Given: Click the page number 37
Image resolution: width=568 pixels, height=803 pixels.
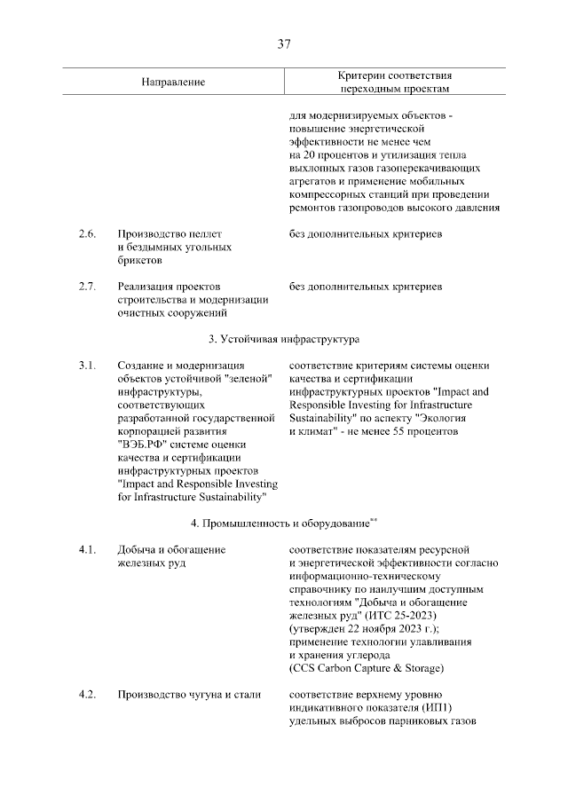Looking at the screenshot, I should tap(284, 43).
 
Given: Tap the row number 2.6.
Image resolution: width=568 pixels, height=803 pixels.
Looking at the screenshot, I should tap(86, 234).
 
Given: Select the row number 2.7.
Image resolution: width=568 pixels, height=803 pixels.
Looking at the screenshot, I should tap(86, 287).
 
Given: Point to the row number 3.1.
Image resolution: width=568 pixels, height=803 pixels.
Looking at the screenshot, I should tap(86, 366).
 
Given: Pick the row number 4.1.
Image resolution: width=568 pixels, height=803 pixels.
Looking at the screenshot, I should tap(86, 550).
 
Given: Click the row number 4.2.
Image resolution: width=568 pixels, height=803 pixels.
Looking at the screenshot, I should tap(86, 694).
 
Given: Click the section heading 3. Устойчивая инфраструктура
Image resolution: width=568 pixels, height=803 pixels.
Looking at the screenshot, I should tap(283, 339).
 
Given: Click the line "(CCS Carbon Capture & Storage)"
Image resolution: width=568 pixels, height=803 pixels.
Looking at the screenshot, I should tap(366, 668).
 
